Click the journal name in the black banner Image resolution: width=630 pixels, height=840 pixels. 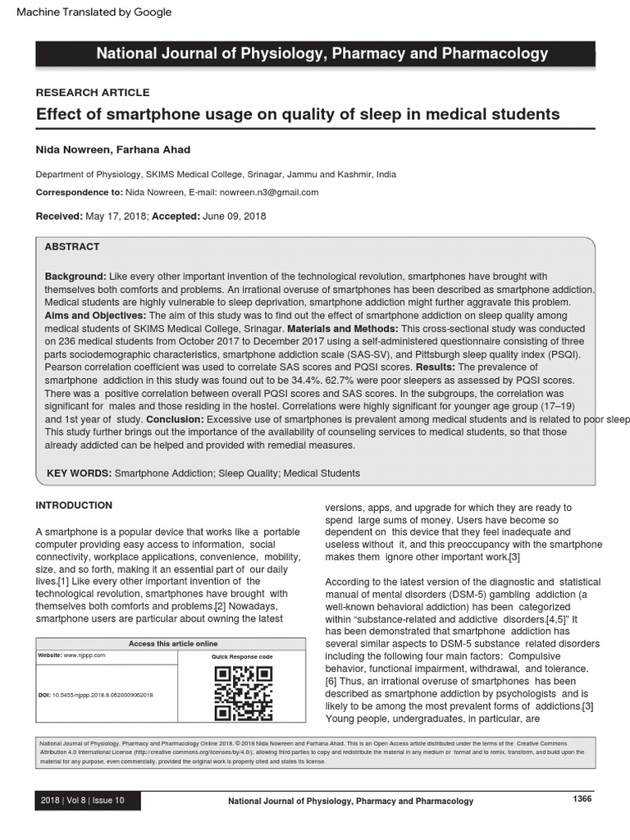point(322,54)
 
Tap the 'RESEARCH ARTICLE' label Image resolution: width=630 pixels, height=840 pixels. point(92,93)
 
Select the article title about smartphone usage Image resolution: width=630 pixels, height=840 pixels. point(298,114)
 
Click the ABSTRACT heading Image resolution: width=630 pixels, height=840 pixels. point(71,246)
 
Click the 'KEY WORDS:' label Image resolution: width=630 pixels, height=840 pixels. point(80,473)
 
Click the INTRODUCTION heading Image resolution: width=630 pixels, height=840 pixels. point(74,505)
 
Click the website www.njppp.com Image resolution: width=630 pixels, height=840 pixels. point(84,655)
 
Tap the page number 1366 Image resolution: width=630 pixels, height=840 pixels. point(581,799)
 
